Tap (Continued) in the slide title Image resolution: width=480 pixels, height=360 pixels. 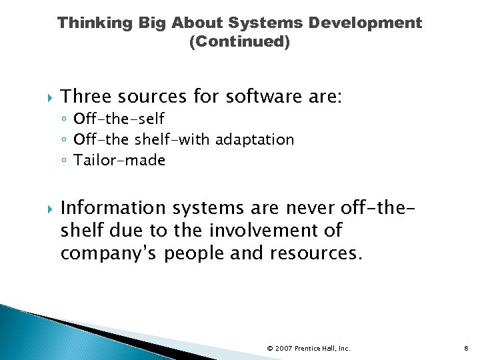(x=240, y=42)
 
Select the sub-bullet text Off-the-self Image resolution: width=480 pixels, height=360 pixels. (x=119, y=119)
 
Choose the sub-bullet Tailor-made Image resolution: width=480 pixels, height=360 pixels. (x=119, y=160)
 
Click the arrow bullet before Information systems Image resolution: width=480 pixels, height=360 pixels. (x=44, y=209)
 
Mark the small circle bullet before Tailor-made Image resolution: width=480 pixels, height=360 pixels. (x=64, y=161)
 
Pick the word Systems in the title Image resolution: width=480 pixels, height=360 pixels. (x=262, y=23)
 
